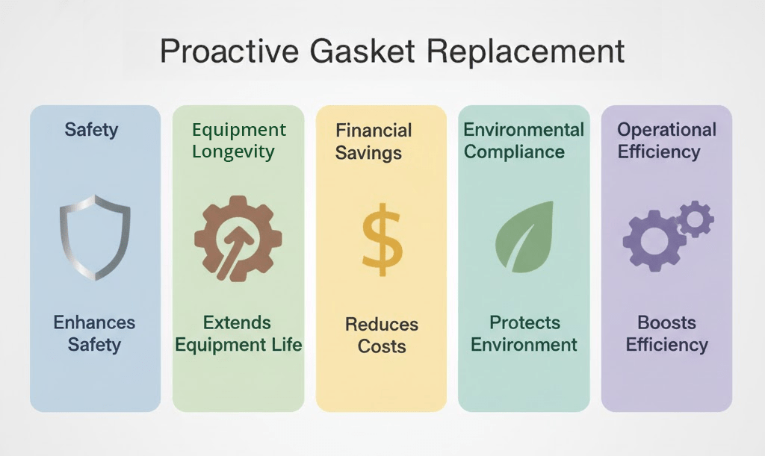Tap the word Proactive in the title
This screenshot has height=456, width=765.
tap(229, 51)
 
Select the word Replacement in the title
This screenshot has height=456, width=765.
tap(525, 51)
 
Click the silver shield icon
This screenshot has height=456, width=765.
tap(95, 237)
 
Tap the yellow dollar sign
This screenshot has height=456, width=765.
tap(382, 240)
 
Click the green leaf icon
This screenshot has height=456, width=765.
tap(524, 237)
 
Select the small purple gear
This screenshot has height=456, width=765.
tap(696, 219)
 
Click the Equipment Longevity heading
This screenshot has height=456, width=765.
tap(238, 140)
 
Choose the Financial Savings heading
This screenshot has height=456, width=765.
tap(374, 141)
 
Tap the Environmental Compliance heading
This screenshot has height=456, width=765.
tap(524, 140)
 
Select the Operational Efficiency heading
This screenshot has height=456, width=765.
tap(666, 140)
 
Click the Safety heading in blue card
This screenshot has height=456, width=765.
tap(91, 130)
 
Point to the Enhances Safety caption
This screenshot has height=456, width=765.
tap(94, 333)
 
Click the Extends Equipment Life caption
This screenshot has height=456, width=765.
tap(238, 333)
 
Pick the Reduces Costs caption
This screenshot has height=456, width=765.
tap(382, 335)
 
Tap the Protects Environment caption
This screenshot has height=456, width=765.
tap(524, 333)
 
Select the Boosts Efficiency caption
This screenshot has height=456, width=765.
tap(666, 333)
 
